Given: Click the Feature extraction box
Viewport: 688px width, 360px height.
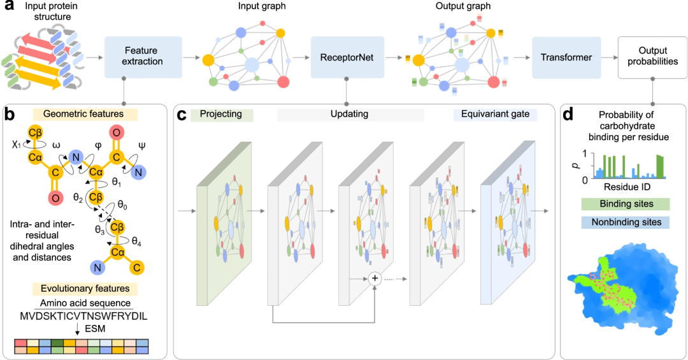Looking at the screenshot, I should [143, 57].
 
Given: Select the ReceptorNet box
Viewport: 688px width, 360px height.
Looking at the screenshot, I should [346, 57].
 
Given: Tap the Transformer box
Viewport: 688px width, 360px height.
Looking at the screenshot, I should [566, 57].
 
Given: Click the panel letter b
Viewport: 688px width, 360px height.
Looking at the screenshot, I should [10, 115].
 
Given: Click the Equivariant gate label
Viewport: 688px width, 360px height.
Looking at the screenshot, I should [492, 114].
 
